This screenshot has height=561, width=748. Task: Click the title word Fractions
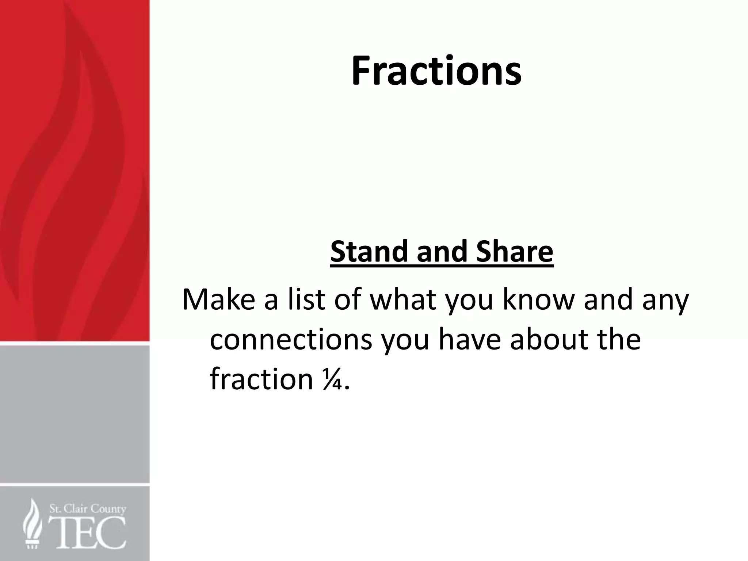click(x=436, y=71)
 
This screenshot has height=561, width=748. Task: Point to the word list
click(x=306, y=299)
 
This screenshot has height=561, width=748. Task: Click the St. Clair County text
click(x=88, y=509)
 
